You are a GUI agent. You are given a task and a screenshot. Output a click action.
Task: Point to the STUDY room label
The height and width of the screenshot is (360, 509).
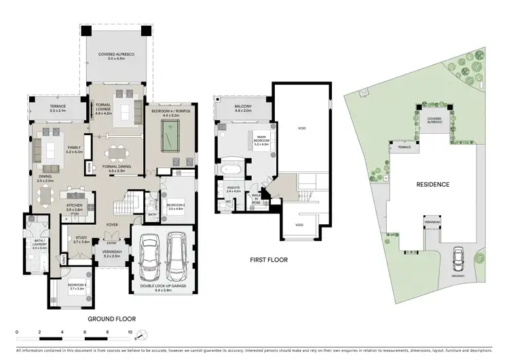(x=81, y=238)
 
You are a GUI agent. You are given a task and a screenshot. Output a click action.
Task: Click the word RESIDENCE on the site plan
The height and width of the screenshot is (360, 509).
(x=432, y=184)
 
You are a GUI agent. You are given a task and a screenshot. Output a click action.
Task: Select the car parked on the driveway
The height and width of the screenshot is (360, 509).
(x=457, y=256)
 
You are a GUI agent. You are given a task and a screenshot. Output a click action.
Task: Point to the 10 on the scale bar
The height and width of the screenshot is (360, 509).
(x=130, y=332)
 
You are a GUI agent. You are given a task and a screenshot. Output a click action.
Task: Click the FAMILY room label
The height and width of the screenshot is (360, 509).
(x=73, y=149)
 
